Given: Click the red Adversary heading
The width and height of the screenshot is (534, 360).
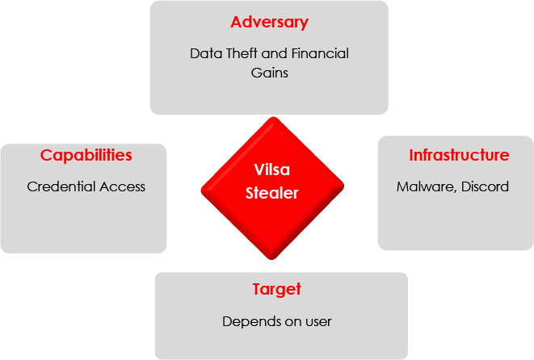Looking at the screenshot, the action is point(269,23).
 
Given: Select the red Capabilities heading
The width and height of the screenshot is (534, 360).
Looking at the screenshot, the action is point(86,156).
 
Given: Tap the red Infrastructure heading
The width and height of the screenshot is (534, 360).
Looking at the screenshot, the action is point(459,155).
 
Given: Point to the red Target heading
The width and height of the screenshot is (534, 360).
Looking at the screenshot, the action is point(277,290).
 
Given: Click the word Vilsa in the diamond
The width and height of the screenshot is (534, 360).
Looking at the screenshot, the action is point(272,170).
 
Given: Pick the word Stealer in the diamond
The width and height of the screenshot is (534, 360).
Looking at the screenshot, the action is point(272,193).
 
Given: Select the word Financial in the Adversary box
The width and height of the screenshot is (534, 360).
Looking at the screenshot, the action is point(320,53).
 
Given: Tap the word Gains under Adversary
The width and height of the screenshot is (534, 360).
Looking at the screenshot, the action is point(269,73).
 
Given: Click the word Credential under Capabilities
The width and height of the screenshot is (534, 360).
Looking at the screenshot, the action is point(61,186).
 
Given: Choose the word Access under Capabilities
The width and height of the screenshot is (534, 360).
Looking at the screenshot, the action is point(122,186).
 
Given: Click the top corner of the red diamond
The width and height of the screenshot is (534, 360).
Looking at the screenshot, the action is point(273,117).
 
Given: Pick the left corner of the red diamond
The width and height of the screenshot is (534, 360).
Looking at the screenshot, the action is point(201,189).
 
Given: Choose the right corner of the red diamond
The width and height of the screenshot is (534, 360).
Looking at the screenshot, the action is point(344,186).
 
